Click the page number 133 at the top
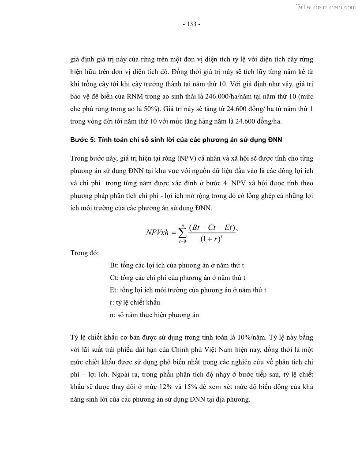pyautogui.click(x=191, y=24)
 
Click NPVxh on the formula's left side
pyautogui.click(x=157, y=233)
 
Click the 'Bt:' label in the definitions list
pyautogui.click(x=114, y=265)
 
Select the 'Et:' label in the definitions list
pyautogui.click(x=114, y=290)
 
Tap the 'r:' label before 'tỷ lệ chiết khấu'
pyautogui.click(x=112, y=302)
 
